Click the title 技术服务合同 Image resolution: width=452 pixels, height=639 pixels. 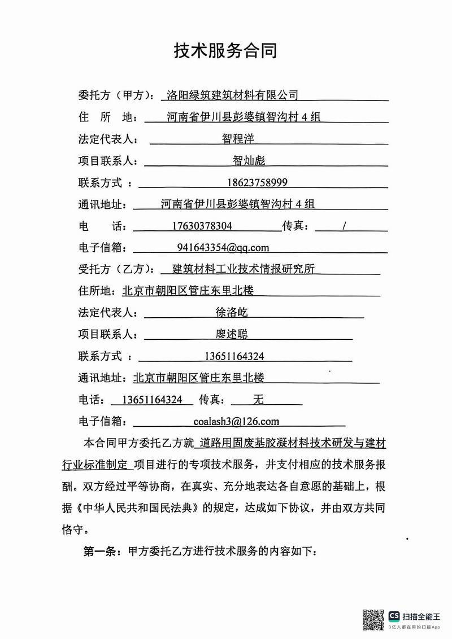225,51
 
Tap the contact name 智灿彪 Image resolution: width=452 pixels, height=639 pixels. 249,160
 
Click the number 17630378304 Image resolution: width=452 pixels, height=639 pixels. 201,226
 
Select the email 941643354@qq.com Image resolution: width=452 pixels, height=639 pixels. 223,248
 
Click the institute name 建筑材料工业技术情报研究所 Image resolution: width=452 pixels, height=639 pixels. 243,269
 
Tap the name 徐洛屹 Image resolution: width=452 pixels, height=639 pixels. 232,312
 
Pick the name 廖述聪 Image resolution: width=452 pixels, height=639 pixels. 232,334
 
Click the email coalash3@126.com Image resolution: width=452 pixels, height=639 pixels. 236,421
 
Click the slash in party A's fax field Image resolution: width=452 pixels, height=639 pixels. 344,226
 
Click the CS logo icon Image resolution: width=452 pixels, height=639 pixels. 394,616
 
